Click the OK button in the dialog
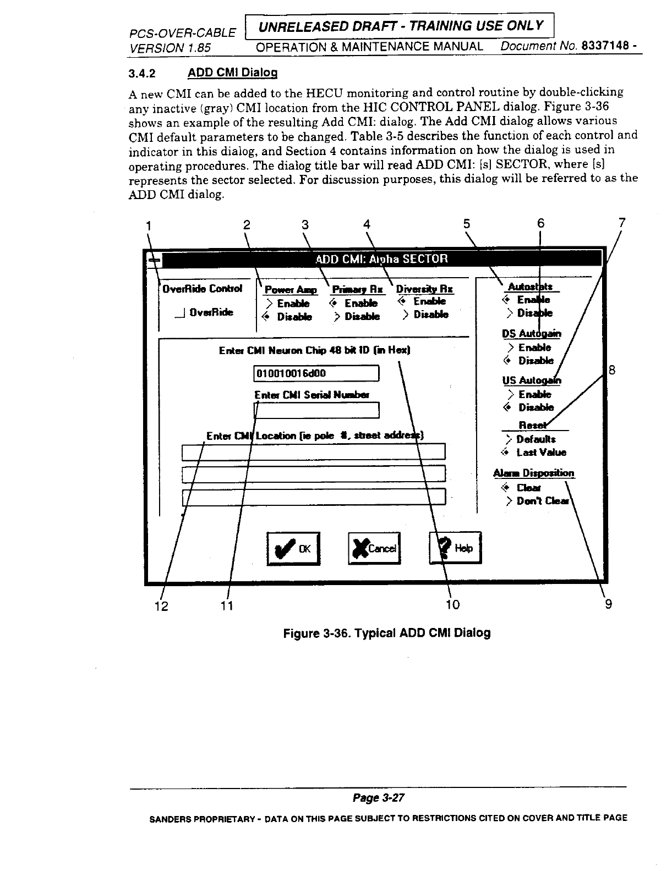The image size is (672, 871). point(293,548)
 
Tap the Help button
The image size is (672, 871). point(455,548)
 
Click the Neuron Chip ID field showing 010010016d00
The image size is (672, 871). point(316,374)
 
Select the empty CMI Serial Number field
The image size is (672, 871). point(317,410)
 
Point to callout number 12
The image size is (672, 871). point(161,606)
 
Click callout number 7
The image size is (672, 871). point(622,223)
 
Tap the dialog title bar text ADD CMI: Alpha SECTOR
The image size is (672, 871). point(382,258)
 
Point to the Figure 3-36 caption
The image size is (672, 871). point(386,632)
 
